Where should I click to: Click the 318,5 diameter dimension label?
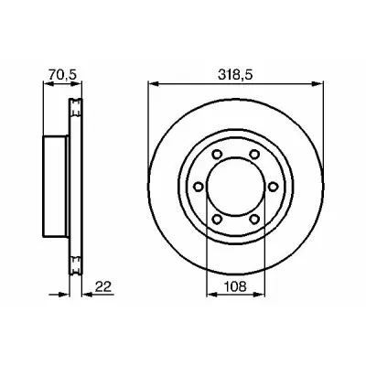coord(235,75)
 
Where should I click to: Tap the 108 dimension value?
coord(235,286)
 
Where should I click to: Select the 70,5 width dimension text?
coord(62,75)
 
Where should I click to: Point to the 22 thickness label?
coord(103,286)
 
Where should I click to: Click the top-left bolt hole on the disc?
coord(217,154)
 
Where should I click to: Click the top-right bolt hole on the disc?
coord(254,154)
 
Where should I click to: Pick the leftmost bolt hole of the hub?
coord(199,187)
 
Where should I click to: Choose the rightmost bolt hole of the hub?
coord(273,187)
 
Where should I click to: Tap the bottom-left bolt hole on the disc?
coord(217,219)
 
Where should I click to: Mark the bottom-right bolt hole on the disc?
coord(254,219)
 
